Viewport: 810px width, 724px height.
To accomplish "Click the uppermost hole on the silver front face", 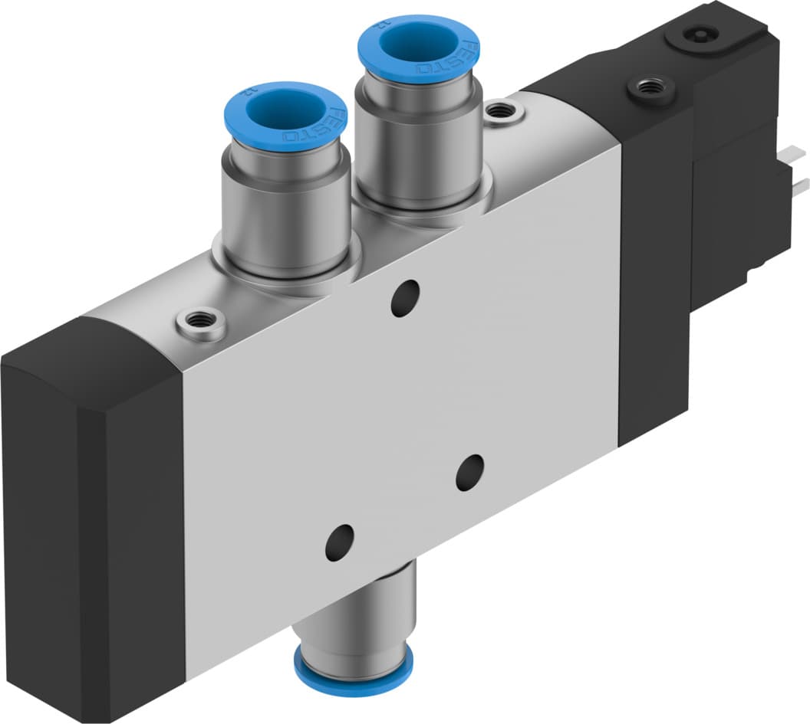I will pos(405,298).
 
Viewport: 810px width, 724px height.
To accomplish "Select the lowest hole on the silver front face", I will pos(339,542).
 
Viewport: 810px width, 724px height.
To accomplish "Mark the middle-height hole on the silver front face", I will pos(469,473).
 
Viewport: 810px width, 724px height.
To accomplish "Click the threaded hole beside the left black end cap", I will pos(200,321).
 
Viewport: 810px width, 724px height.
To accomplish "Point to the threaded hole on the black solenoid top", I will pos(650,88).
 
